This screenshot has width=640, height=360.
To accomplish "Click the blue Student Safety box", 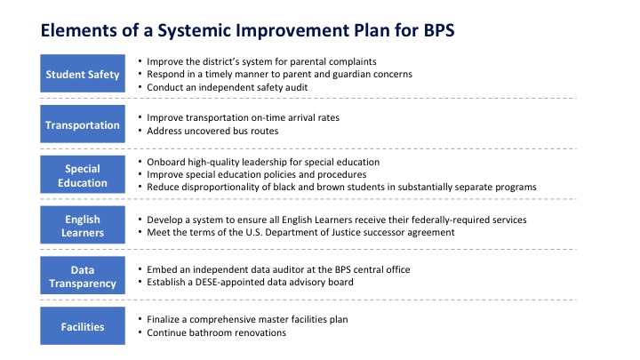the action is [83, 74].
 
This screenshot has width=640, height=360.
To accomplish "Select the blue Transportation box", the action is [83, 124].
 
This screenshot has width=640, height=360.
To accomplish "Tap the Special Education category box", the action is [83, 174].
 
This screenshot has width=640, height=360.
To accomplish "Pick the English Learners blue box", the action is [83, 225].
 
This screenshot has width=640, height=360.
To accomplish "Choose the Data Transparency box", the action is [83, 276].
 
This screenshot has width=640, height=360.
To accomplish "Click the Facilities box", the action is [83, 325].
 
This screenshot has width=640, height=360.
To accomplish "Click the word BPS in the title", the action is [439, 30].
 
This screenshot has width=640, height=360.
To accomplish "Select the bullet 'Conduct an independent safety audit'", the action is [227, 87].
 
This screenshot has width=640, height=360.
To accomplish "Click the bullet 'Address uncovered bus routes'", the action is [212, 131].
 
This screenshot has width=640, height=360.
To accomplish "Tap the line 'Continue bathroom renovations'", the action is [216, 332].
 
